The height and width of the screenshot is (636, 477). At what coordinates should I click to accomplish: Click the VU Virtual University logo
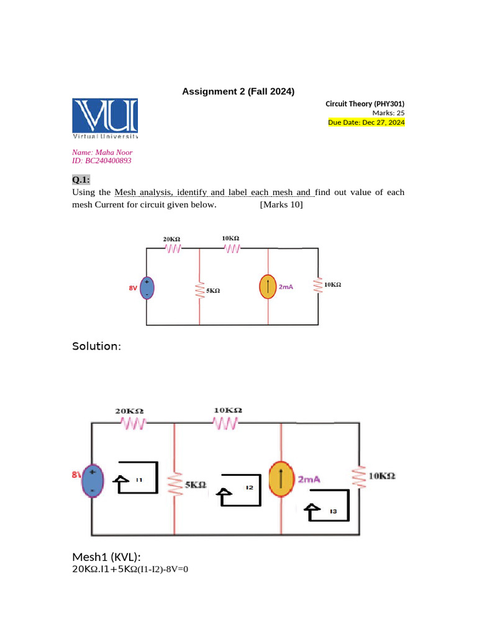105,118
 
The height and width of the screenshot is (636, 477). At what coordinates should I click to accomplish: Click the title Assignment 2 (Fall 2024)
238,92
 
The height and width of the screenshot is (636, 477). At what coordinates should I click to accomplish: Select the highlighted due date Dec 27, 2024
366,122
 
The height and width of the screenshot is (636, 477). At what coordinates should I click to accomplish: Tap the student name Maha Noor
102,152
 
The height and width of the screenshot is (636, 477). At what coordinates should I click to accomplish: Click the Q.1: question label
81,180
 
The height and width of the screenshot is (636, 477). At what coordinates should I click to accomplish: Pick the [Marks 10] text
281,204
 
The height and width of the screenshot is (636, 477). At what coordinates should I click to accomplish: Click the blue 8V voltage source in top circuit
147,288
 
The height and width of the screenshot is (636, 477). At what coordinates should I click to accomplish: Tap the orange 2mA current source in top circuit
268,286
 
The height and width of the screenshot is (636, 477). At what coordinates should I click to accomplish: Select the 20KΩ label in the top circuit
171,238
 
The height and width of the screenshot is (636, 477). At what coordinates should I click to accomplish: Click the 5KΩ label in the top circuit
213,290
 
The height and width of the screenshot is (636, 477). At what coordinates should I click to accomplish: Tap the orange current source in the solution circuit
281,479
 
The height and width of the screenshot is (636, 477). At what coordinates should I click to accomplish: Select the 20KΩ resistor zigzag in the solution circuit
132,424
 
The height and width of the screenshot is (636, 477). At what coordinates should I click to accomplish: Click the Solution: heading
96,346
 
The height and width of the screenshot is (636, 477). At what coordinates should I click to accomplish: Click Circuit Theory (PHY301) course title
365,104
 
